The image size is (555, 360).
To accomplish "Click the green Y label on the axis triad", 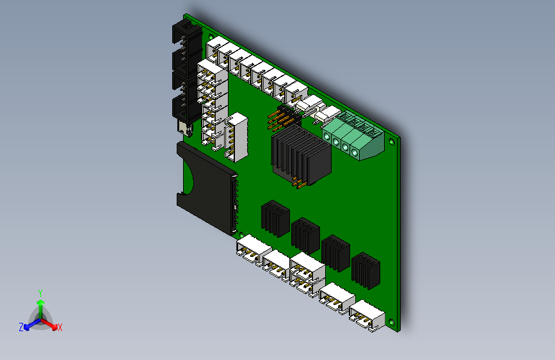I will [40, 292].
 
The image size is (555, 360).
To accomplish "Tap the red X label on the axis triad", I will [60, 328].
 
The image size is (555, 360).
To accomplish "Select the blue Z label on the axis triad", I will [21, 327].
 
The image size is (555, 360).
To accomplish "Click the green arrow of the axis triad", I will [40, 305].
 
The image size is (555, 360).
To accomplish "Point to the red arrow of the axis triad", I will [52, 323].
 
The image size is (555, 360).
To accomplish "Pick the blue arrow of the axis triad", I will [29, 324].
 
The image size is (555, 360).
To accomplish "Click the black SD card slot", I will [205, 186].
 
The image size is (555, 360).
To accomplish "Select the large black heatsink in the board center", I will [300, 154].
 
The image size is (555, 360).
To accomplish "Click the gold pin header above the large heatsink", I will [281, 119].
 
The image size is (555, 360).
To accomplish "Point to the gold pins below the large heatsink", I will [298, 184].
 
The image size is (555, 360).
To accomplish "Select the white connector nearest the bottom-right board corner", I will [367, 316].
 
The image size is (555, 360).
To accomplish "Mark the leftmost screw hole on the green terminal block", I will [328, 138].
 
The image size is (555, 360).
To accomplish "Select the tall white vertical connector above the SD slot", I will [237, 136].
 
